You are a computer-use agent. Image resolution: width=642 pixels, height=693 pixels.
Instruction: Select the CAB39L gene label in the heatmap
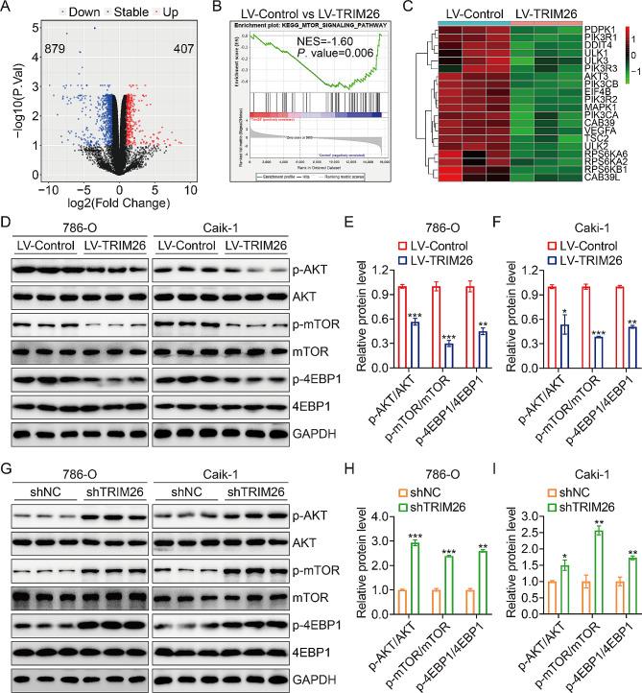(601, 177)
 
